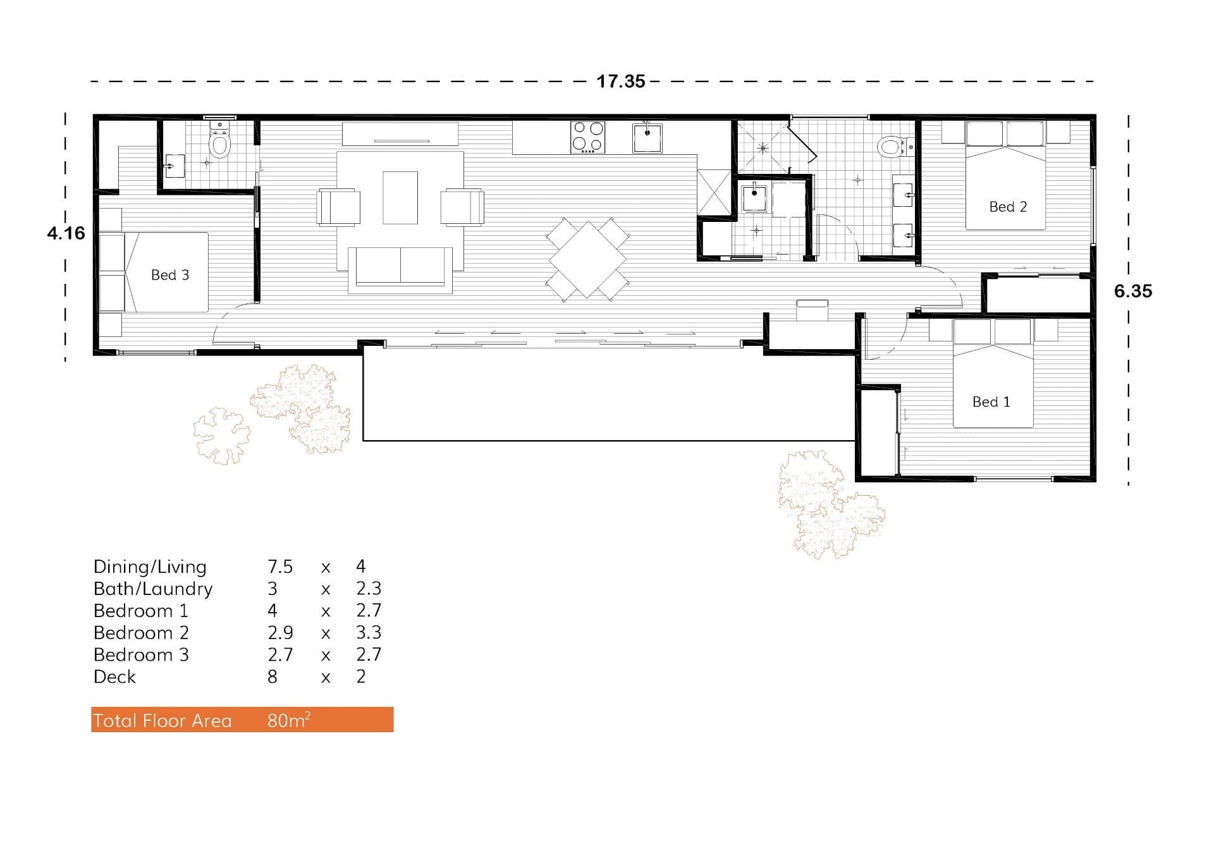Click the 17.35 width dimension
(620, 81)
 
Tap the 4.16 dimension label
(66, 233)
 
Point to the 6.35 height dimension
(1132, 291)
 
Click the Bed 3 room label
(169, 275)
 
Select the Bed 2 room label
(1007, 207)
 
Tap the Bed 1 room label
(991, 402)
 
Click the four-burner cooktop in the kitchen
(587, 137)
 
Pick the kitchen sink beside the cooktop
(647, 138)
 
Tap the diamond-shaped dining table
(587, 259)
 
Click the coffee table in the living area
(400, 197)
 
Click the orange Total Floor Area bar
(242, 720)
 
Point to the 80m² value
(288, 720)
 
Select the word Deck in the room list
(114, 677)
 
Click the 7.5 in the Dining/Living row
(279, 567)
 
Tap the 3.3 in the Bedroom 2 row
(368, 633)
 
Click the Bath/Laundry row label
(153, 589)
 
